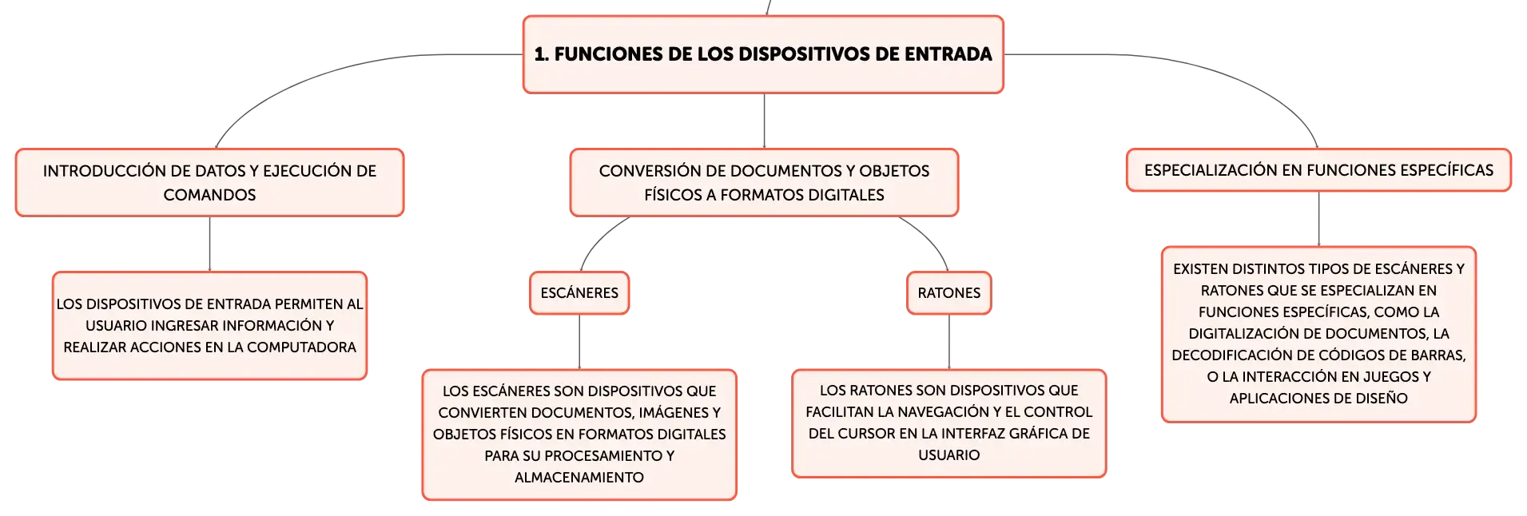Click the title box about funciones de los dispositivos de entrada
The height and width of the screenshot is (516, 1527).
click(x=763, y=54)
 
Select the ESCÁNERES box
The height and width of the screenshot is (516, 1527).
click(x=579, y=293)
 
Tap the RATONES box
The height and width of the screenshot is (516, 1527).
click(x=948, y=293)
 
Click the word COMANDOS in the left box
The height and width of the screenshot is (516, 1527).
click(x=209, y=195)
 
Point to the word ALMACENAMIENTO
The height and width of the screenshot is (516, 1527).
click(x=579, y=478)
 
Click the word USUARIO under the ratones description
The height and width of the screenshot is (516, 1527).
click(x=948, y=455)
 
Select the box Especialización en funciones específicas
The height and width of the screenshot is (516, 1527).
click(x=1318, y=170)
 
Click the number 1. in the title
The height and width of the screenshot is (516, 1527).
click(x=542, y=54)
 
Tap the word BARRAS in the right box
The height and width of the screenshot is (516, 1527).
click(x=1438, y=355)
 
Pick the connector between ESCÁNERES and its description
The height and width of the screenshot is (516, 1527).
click(x=579, y=342)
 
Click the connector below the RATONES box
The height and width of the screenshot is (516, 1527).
click(x=948, y=342)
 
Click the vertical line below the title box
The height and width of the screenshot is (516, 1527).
click(x=764, y=121)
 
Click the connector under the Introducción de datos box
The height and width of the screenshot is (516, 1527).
click(x=209, y=244)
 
